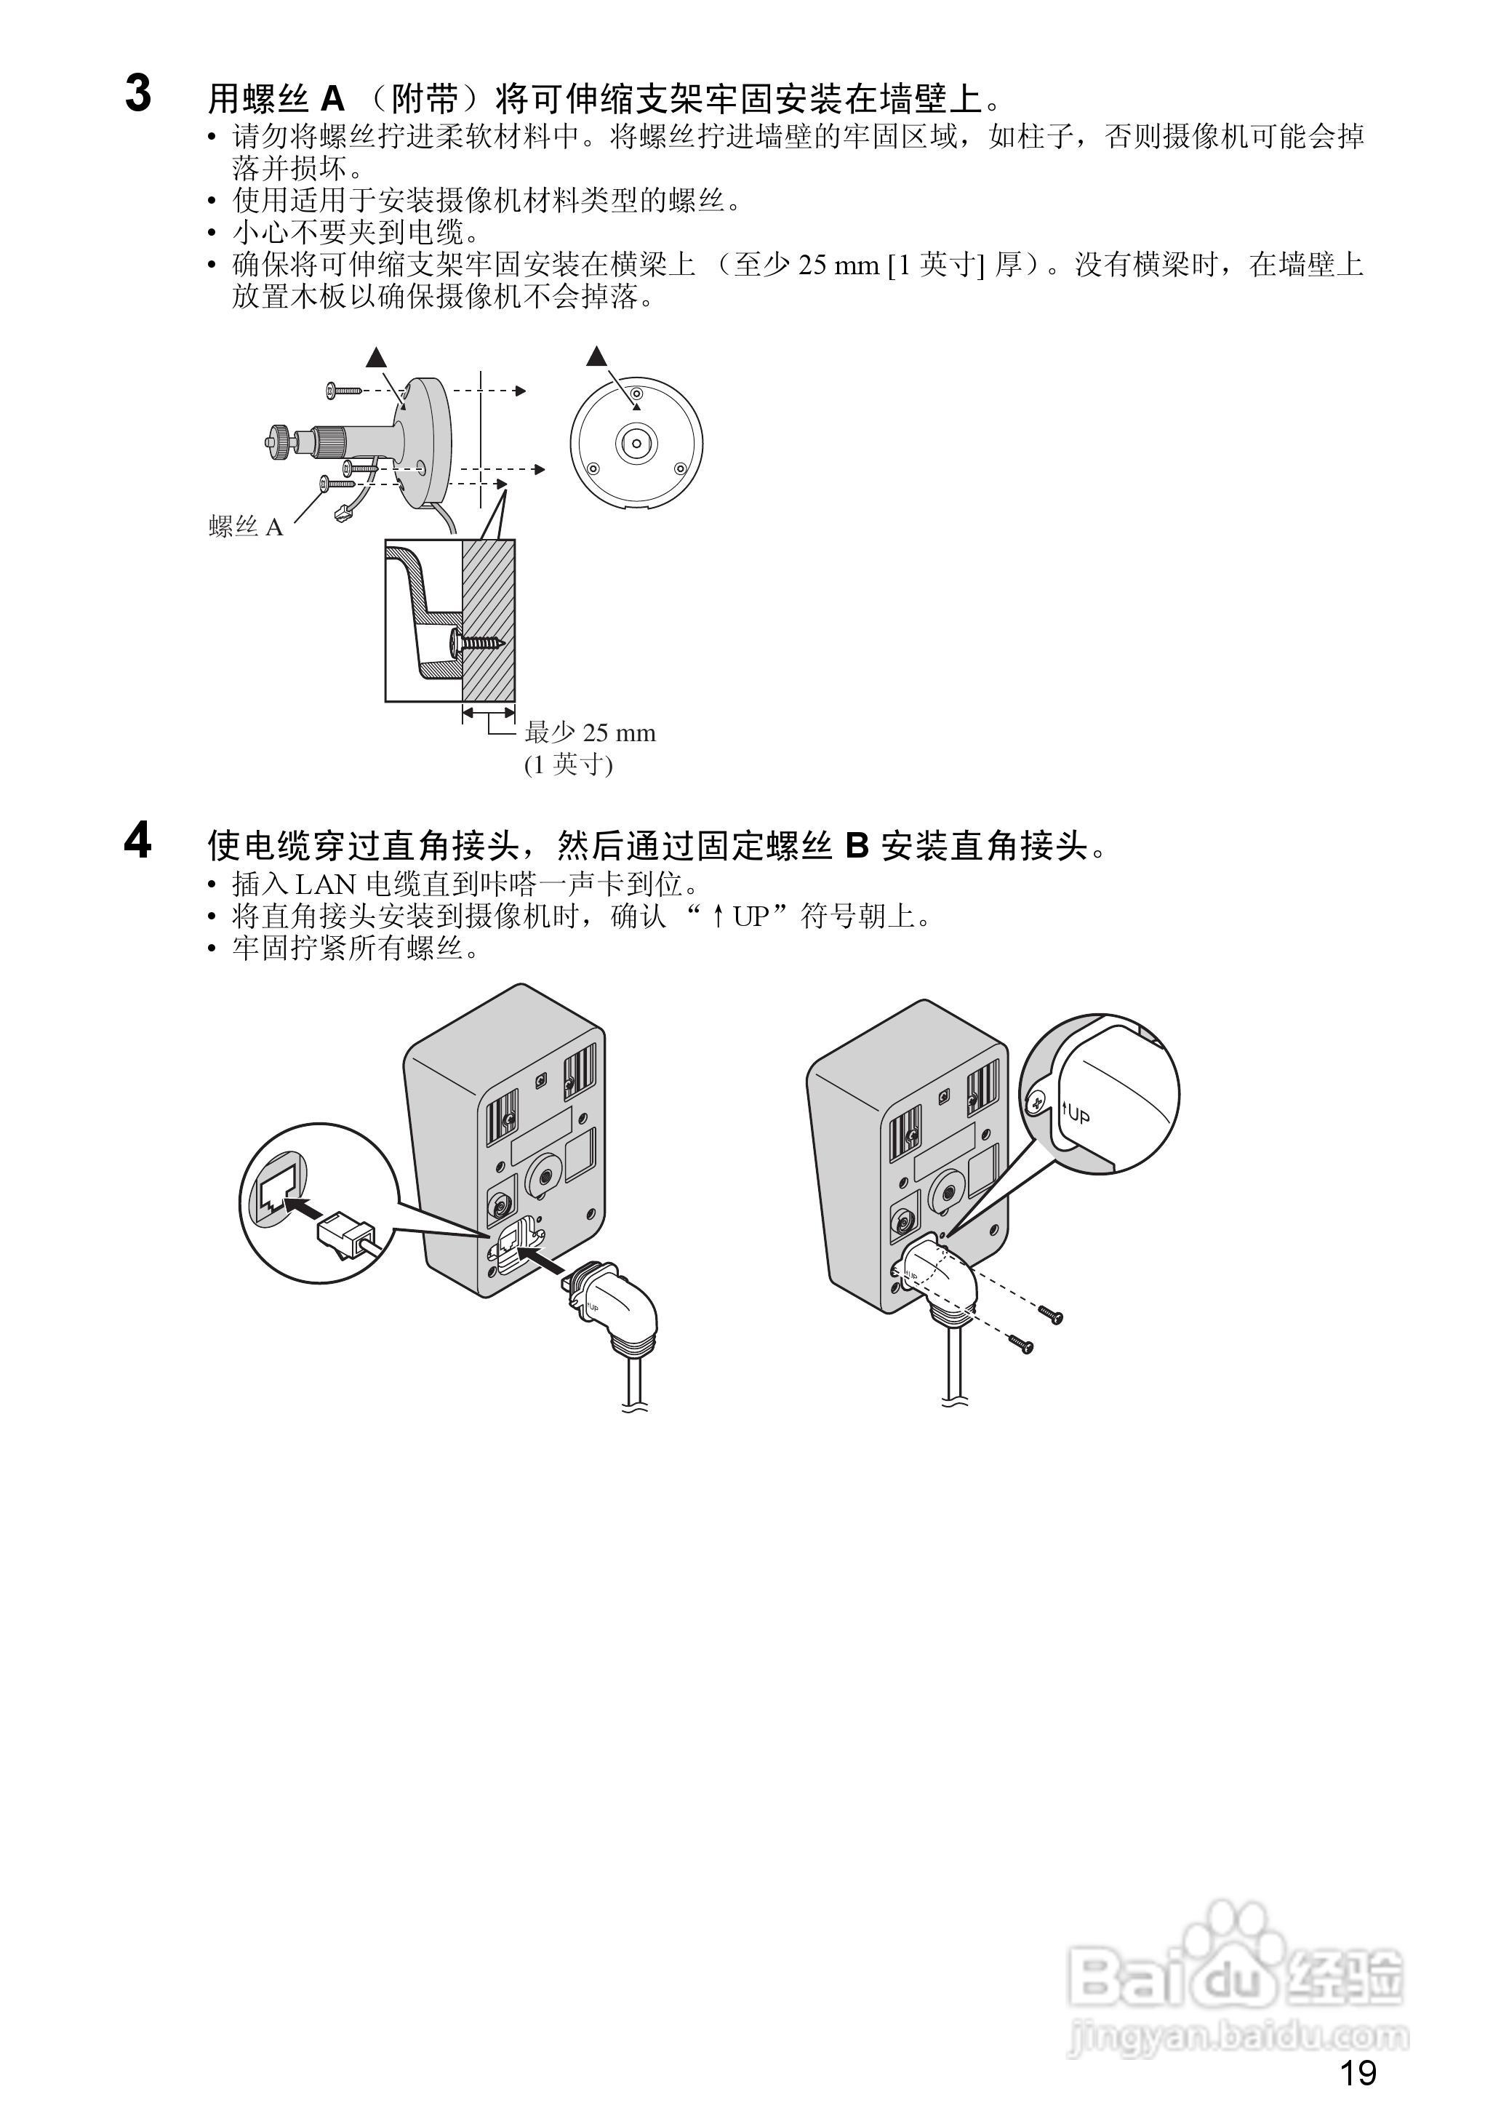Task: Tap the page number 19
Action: point(1358,2073)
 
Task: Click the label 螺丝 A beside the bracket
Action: point(246,527)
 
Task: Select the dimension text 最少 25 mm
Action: point(590,733)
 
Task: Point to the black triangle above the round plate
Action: point(597,355)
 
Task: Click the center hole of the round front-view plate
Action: point(636,443)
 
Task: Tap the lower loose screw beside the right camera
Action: point(1020,1346)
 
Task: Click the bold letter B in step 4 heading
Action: point(857,844)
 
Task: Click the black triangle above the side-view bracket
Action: point(376,356)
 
